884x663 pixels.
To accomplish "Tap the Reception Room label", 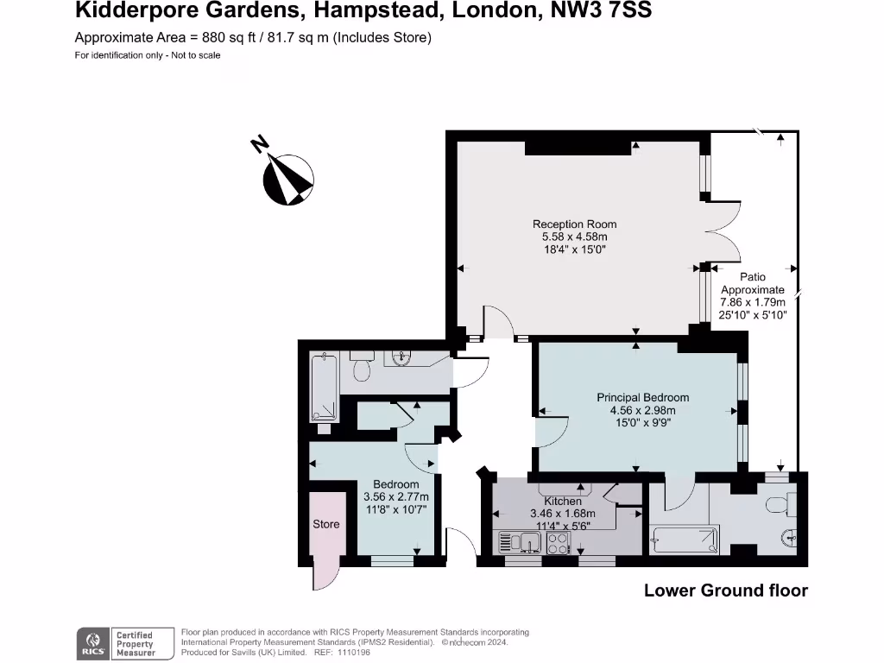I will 574,224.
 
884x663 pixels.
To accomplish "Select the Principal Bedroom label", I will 642,398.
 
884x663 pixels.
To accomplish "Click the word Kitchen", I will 563,502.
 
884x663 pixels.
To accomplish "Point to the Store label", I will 326,524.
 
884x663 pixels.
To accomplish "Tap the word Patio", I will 753,277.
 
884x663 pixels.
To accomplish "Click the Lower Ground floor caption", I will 726,591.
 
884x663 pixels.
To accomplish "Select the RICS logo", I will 93,643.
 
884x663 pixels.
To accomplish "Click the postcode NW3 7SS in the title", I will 601,11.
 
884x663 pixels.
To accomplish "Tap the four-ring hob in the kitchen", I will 557,543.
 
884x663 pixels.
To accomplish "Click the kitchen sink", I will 518,543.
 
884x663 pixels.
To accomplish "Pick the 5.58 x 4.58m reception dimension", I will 574,237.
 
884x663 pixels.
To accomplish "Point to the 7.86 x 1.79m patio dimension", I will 753,303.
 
